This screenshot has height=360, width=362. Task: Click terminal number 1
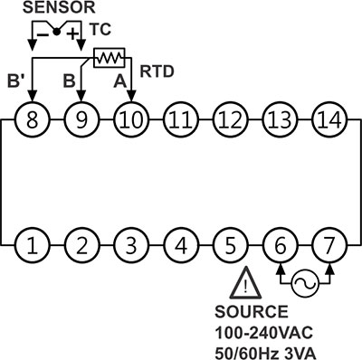[x=33, y=245]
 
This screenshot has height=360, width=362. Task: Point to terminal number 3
[x=131, y=245]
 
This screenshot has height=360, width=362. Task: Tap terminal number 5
[x=230, y=245]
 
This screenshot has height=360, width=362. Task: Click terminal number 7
[x=329, y=245]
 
